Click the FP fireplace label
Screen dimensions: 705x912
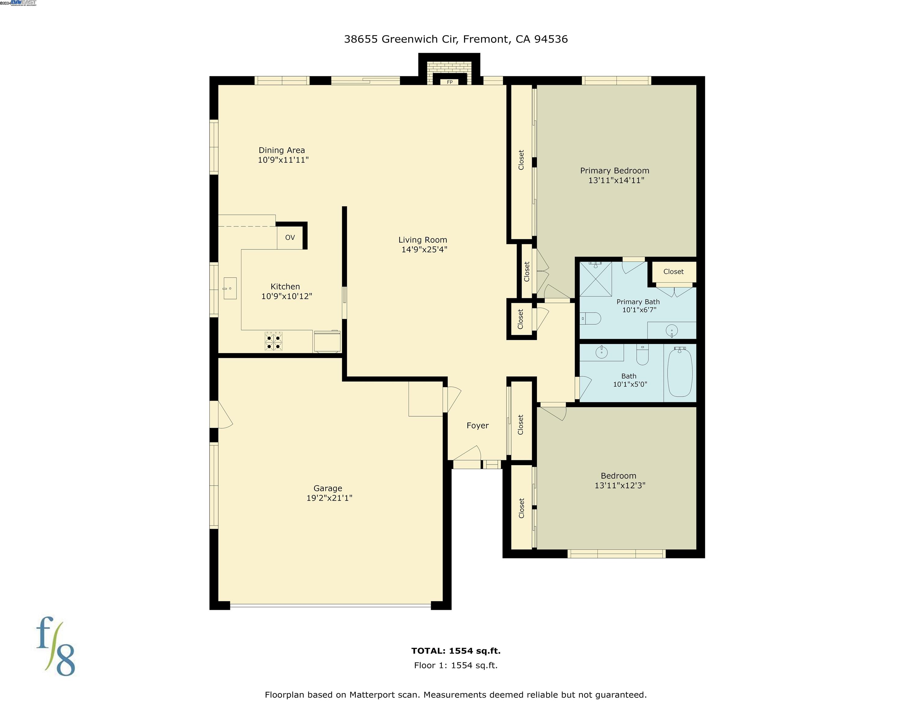[450, 82]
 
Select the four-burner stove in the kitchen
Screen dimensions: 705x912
[274, 341]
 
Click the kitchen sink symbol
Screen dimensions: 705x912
[230, 288]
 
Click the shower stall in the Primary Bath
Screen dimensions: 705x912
[595, 279]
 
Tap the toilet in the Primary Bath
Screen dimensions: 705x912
[591, 319]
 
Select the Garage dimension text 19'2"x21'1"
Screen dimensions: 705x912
[329, 498]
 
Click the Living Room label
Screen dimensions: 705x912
[422, 240]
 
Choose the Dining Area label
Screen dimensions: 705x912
[281, 150]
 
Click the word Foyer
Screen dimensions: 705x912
[477, 426]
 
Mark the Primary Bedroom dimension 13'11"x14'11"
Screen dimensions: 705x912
[616, 181]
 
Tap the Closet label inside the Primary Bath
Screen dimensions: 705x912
[673, 271]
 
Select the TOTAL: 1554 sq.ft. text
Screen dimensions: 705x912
[456, 651]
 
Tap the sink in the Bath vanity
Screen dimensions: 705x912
[601, 352]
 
